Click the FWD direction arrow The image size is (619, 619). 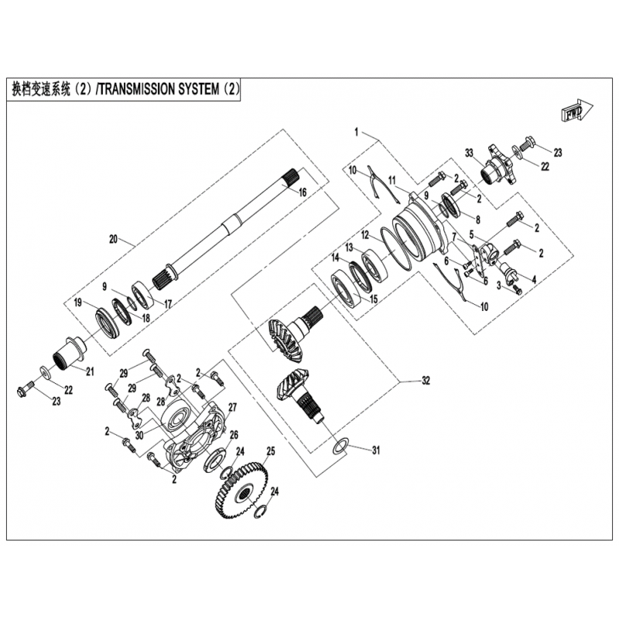576,111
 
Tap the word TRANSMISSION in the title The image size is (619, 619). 136,89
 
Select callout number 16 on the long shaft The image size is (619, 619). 303,192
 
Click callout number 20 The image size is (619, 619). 113,239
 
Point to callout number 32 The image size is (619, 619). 426,381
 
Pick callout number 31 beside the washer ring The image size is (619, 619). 376,450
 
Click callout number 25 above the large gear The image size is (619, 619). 270,451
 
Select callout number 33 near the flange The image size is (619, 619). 469,152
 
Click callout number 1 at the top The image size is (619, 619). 356,132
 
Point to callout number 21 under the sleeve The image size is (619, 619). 90,371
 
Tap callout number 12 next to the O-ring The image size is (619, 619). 365,235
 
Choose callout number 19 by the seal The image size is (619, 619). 77,303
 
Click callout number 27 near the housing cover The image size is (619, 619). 232,407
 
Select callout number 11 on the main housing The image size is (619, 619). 392,180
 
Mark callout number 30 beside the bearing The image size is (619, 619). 139,435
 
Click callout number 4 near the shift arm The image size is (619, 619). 534,279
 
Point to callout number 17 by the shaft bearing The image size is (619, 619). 168,304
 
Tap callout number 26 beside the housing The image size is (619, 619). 234,435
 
